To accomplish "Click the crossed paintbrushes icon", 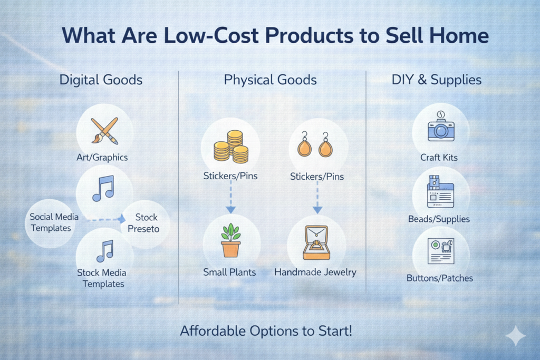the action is point(105,131).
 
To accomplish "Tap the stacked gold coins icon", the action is point(231,147).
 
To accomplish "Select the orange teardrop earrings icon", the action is point(315,144).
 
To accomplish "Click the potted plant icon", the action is point(230,240).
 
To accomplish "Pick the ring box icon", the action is point(316,242).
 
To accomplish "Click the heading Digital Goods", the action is point(101,80).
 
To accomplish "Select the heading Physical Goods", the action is point(271,80).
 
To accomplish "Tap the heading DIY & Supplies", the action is point(436,80).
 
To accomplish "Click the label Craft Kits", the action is point(439,158).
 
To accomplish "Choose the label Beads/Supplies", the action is point(439,219).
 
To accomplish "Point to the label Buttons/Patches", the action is point(439,278).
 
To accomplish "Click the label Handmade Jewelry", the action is point(315,272).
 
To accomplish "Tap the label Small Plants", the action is point(229,272).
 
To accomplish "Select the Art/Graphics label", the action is point(102,157).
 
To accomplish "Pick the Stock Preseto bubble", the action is point(144,223).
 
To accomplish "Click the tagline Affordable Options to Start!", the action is point(266,331).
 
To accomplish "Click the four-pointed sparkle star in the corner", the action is point(516,335).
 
